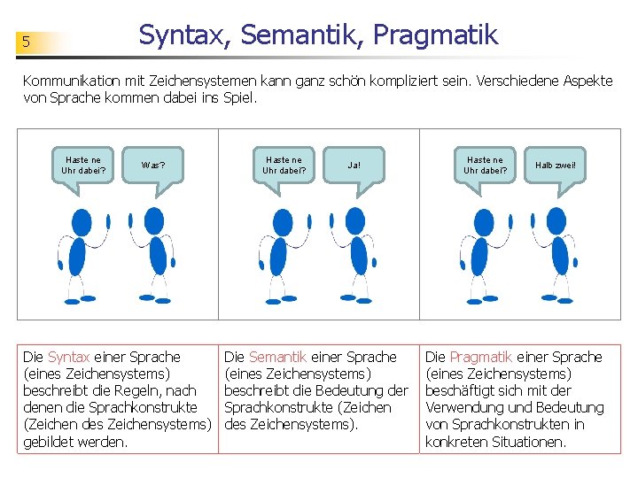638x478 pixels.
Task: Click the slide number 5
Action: pos(27,42)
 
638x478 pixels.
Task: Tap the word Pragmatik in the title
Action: pos(435,35)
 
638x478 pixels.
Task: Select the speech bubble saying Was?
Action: pos(153,166)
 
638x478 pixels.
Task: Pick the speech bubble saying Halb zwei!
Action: pos(556,166)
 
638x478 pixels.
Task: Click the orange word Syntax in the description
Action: pos(68,357)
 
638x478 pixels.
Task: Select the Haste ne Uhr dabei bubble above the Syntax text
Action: pos(83,166)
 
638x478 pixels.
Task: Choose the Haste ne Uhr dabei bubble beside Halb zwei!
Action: pos(486,166)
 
